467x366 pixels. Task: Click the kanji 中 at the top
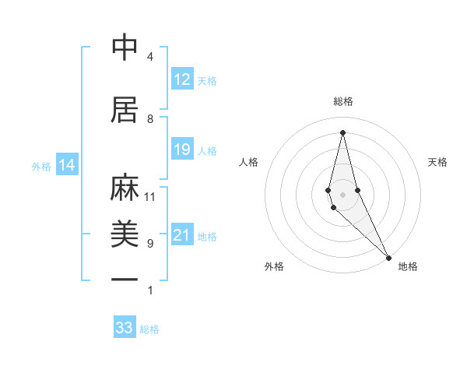click(125, 48)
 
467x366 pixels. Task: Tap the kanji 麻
click(125, 188)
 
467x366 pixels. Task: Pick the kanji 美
click(125, 234)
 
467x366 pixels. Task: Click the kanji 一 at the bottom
click(125, 279)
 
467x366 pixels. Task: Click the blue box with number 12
click(182, 79)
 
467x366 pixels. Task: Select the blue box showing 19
click(182, 150)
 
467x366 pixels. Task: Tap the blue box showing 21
click(182, 235)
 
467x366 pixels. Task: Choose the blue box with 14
click(67, 165)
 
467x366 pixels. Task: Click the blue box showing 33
click(125, 328)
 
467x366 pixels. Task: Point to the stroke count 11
click(150, 197)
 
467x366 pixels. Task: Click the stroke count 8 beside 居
click(150, 119)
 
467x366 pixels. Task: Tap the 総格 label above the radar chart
click(343, 101)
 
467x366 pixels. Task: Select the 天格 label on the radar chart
click(438, 162)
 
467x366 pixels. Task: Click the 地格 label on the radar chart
click(408, 266)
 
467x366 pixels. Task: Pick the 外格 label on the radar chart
click(274, 266)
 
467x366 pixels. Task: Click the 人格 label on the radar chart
click(249, 162)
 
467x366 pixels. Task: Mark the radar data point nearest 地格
click(388, 257)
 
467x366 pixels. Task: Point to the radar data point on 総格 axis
click(343, 132)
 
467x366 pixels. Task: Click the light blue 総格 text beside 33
click(149, 329)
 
